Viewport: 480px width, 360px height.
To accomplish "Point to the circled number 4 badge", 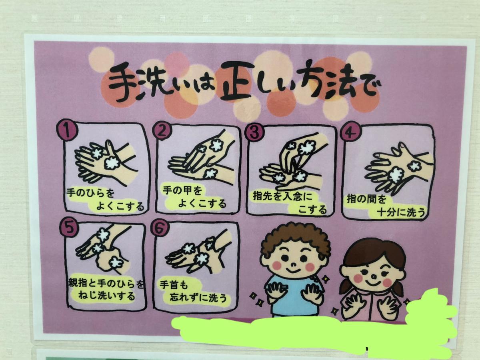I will tap(348, 133).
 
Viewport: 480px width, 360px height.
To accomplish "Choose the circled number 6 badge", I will tap(160, 228).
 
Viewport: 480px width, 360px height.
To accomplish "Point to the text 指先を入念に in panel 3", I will tap(282, 196).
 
